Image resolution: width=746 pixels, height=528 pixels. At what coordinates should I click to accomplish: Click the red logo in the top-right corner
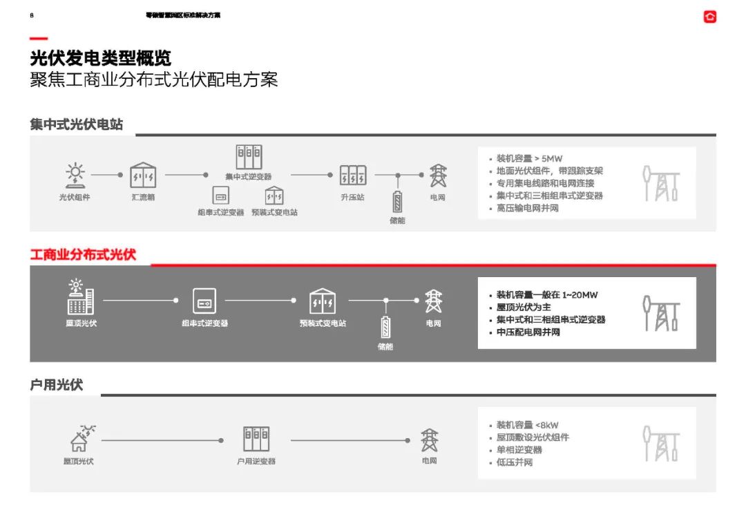709,17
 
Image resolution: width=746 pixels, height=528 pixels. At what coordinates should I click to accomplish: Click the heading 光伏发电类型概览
101,58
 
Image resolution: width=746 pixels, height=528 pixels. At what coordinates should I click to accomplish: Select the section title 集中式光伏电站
77,124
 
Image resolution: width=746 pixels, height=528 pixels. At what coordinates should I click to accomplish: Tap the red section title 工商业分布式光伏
83,254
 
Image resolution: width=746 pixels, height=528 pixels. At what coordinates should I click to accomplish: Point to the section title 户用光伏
57,385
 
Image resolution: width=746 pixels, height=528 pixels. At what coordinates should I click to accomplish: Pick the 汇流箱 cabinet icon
143,176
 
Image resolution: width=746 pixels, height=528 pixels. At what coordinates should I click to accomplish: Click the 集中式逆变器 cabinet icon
249,158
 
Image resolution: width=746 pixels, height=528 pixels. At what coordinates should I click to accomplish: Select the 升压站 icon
352,175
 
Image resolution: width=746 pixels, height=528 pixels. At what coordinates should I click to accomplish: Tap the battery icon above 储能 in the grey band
397,202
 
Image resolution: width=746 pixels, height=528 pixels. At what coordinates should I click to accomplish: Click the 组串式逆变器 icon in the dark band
204,301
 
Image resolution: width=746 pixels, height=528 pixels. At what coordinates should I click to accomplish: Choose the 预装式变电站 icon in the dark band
323,301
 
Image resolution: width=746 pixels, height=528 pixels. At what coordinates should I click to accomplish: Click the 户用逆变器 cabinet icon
256,439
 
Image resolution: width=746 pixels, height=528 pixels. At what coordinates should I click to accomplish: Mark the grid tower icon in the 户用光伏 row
430,440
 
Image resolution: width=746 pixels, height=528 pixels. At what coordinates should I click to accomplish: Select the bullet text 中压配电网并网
528,332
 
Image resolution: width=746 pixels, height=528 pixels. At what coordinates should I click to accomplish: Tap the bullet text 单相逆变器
519,450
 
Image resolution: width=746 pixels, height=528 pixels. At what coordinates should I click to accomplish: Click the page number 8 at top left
32,15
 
